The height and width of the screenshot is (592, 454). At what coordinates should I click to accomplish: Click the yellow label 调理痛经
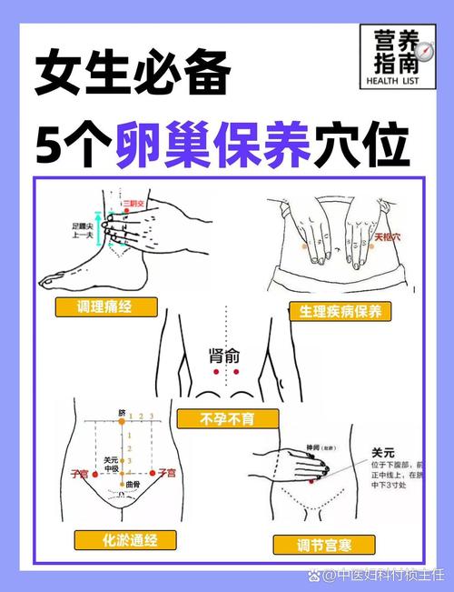106,307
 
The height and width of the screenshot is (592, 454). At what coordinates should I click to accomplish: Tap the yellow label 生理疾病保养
340,311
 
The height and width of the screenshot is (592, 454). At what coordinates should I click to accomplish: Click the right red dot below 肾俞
235,372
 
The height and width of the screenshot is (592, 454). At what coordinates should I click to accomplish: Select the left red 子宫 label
79,473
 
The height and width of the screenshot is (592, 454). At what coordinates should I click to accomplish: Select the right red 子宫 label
165,473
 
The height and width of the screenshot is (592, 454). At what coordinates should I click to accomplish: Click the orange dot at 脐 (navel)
122,422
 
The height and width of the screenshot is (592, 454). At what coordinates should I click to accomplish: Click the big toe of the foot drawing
48,279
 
